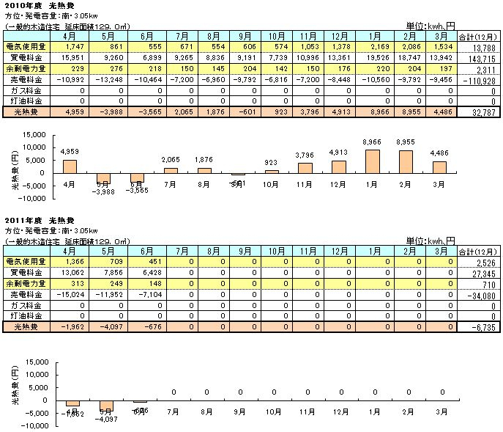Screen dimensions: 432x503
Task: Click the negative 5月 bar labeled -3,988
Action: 104,178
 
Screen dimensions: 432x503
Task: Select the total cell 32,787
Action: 480,114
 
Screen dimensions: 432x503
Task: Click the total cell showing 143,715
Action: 480,56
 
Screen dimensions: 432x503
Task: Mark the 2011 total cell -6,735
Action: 480,327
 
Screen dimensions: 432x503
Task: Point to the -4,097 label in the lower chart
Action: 106,419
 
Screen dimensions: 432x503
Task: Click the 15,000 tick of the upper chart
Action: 31,135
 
